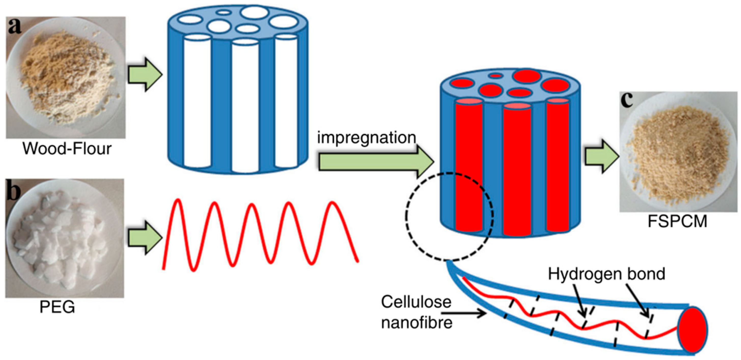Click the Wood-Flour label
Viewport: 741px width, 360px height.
point(67,149)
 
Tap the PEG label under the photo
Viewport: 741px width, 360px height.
point(57,307)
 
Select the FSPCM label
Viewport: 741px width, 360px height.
point(677,221)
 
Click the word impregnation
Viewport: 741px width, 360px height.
point(367,138)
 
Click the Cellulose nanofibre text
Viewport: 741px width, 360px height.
point(416,312)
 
